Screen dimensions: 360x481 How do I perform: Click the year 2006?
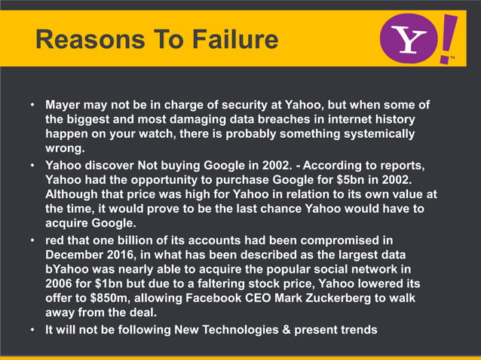(x=60, y=284)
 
